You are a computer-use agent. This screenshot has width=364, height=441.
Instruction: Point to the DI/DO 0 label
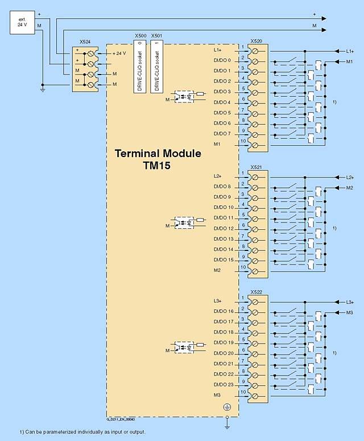[x=222, y=60]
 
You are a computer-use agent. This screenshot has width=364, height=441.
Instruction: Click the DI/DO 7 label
[x=222, y=134]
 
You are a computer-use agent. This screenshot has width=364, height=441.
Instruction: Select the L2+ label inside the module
[x=218, y=176]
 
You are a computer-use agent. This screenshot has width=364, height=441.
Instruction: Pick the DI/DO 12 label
[x=223, y=228]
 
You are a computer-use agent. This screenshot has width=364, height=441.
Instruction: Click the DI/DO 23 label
[x=223, y=384]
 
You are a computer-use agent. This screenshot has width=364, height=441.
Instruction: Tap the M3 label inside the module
[x=217, y=395]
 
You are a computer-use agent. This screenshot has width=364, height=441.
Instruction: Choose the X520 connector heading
[x=256, y=42]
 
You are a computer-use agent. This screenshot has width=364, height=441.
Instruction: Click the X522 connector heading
[x=256, y=291]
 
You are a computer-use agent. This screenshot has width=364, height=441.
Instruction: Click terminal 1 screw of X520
[x=255, y=51]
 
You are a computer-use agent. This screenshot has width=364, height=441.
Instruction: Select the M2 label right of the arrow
[x=349, y=187]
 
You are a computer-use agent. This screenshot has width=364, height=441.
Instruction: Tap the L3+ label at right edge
[x=349, y=302]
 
